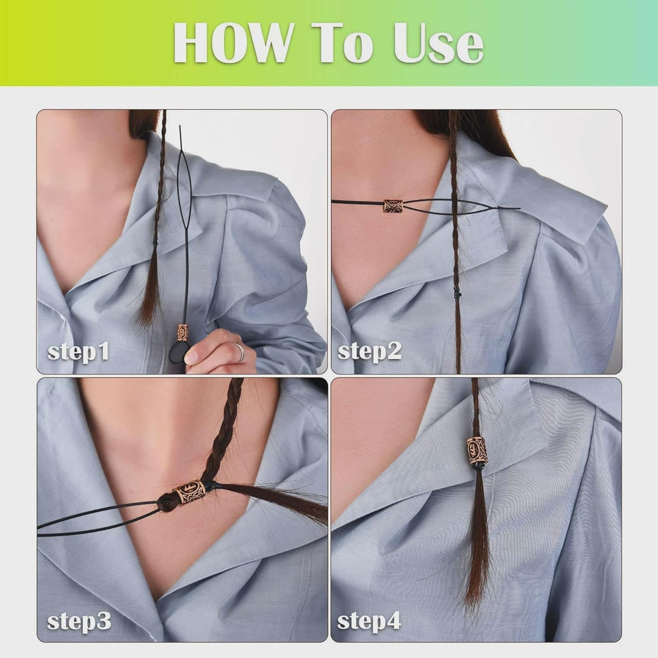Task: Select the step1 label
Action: pos(78,352)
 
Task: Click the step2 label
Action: pos(369,351)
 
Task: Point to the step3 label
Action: pos(79,621)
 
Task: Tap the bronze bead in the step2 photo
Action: pos(392,205)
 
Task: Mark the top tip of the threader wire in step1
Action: pos(180,126)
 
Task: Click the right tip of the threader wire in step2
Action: pos(520,209)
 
